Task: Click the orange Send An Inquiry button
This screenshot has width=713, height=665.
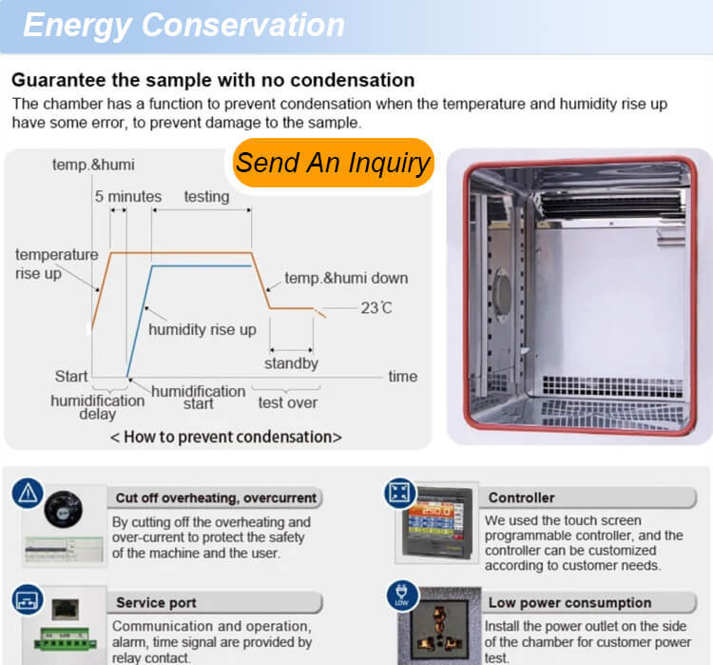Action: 333,163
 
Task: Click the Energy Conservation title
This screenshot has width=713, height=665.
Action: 183,25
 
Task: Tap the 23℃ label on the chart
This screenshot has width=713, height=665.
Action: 376,307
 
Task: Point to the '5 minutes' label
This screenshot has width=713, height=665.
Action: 127,197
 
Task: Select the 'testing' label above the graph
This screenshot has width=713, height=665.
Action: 206,197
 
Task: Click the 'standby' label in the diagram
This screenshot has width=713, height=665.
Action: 291,362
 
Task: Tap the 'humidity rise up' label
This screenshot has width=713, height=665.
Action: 202,330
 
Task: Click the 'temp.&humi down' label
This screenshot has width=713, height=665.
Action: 346,279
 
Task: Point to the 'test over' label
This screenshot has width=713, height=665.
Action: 288,402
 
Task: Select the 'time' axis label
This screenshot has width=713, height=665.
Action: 402,376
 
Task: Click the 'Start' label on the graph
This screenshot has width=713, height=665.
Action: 71,376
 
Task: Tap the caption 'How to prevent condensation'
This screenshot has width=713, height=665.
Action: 225,437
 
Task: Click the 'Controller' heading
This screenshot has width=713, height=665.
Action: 521,498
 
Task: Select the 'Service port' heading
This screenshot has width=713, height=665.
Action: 157,602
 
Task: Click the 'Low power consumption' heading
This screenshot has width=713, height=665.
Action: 569,602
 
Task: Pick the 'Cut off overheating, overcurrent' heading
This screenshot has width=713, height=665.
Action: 216,498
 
